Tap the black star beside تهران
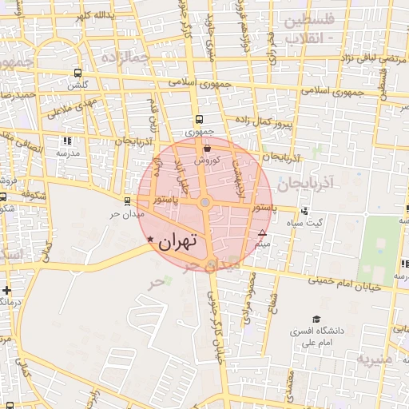[x=150, y=240]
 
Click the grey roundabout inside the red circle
[x=205, y=204]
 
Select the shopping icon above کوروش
[x=208, y=148]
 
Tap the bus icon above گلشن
[x=77, y=73]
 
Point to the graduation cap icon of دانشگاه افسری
[x=317, y=319]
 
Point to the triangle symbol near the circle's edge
[x=262, y=233]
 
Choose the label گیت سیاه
[x=308, y=223]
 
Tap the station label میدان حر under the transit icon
[x=127, y=215]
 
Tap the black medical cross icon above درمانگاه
[x=7, y=289]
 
